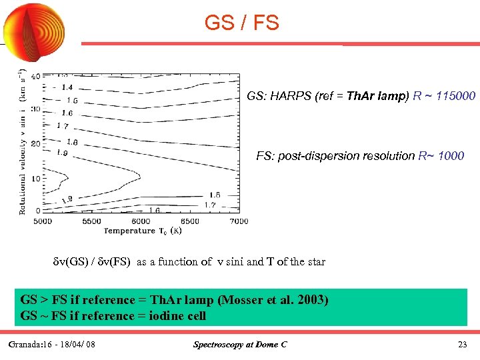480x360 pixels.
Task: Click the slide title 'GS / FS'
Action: [x=241, y=23]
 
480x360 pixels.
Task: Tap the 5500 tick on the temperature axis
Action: [x=91, y=221]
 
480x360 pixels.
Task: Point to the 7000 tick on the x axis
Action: [x=238, y=221]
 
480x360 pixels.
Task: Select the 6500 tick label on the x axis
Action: [x=190, y=221]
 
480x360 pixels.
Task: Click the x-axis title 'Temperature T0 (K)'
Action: [x=141, y=231]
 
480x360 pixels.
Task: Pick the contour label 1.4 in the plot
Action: [x=67, y=87]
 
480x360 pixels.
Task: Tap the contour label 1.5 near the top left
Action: [x=71, y=100]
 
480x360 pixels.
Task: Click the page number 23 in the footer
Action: [x=462, y=345]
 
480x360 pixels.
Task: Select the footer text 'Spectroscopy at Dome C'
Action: [x=239, y=345]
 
